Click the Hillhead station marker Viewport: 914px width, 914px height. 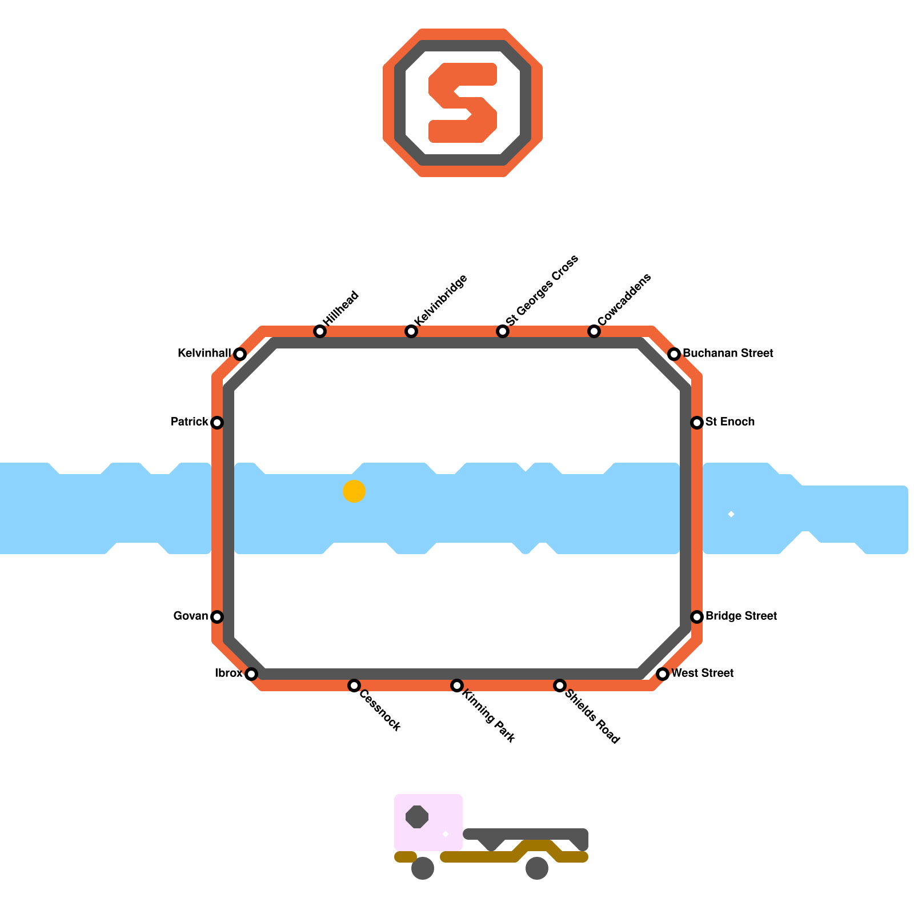click(x=320, y=331)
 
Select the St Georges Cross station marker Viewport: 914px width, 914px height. click(x=503, y=331)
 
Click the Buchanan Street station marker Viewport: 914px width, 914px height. click(x=674, y=354)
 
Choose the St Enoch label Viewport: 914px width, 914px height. click(x=730, y=422)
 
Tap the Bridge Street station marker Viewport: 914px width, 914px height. click(x=697, y=617)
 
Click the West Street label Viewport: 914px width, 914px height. click(x=702, y=674)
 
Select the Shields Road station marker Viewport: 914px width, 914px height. click(x=560, y=685)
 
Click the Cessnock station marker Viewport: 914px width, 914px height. click(x=354, y=685)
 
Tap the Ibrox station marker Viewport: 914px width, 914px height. click(x=251, y=674)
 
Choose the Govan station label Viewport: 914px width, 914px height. click(x=191, y=616)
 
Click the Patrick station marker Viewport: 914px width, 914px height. click(x=217, y=423)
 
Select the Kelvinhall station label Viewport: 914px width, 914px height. click(x=204, y=354)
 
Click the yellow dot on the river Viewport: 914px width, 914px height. click(x=354, y=491)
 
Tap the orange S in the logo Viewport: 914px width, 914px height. click(x=463, y=103)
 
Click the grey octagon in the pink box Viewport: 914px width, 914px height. click(x=417, y=816)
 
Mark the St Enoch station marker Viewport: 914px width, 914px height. click(x=697, y=423)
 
